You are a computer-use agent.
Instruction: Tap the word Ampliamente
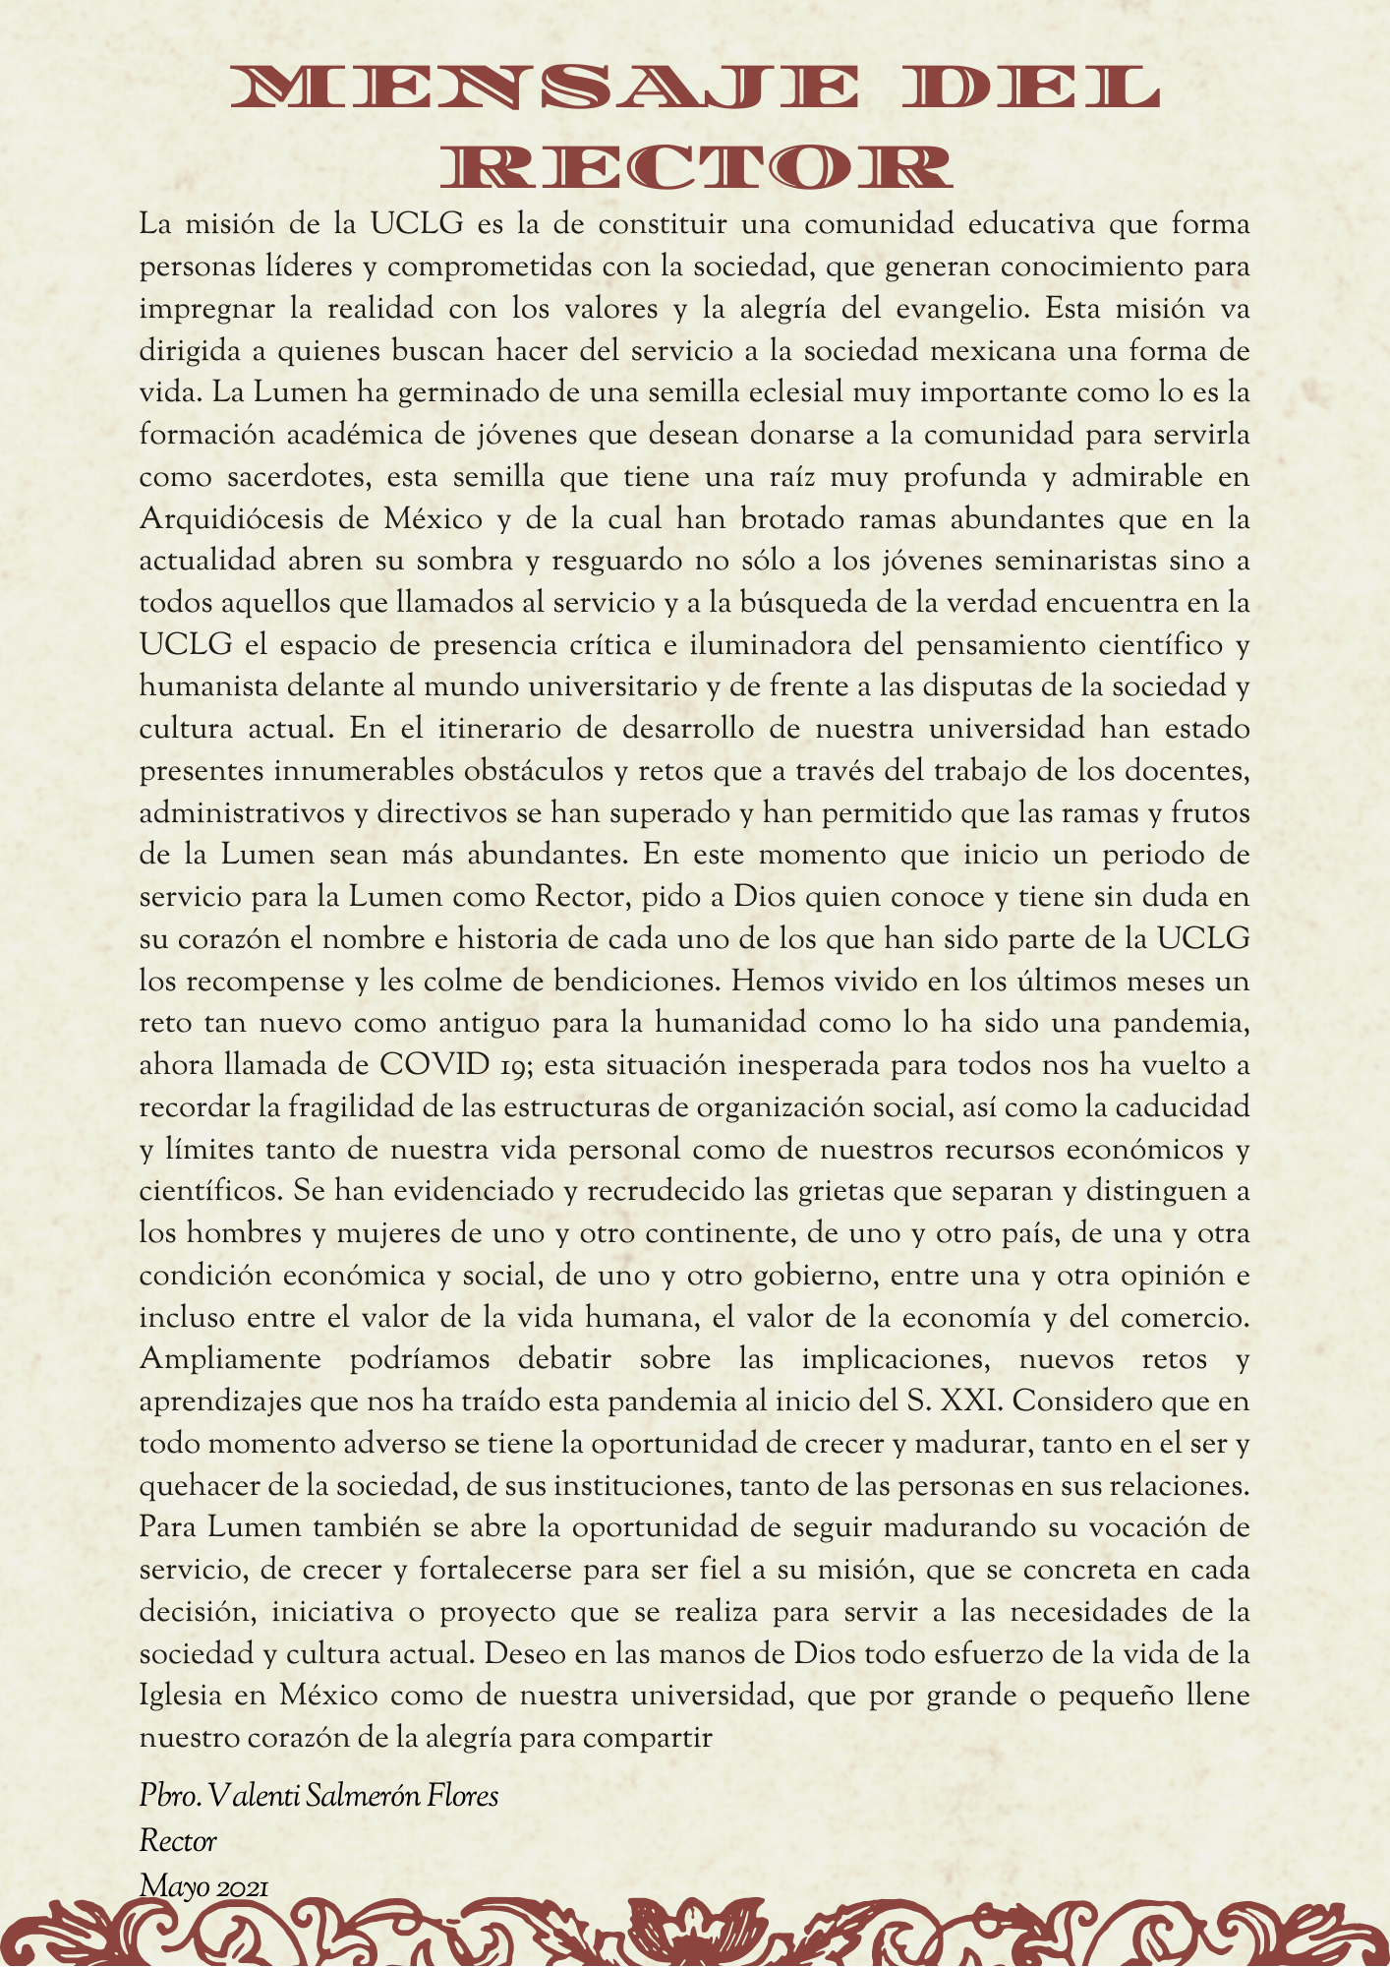[230, 1360]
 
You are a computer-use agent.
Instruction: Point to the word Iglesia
[180, 1698]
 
